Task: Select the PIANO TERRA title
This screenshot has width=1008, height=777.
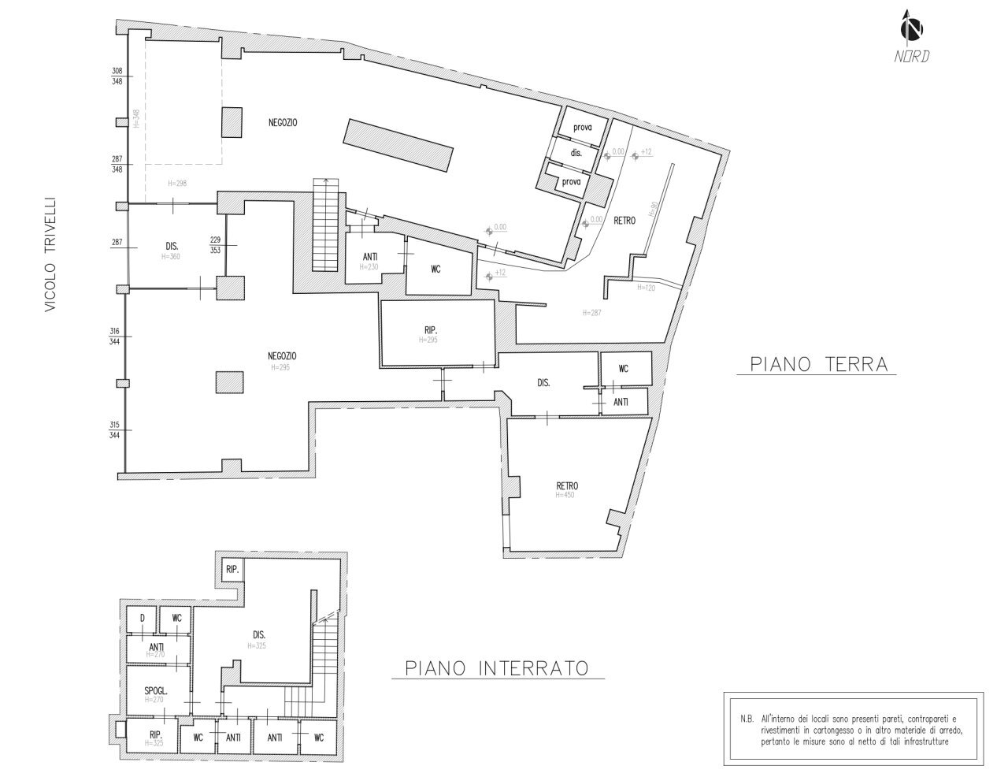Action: click(818, 364)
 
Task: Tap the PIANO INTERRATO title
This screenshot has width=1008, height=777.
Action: click(497, 668)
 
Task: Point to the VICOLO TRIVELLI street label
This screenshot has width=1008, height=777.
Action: click(50, 255)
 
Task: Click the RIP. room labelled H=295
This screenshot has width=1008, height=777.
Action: click(435, 334)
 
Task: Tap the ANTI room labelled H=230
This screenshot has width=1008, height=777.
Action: click(369, 259)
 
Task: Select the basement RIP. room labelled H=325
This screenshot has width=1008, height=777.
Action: click(155, 738)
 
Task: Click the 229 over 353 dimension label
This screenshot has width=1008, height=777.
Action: click(215, 245)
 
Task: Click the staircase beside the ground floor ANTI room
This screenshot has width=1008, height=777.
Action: click(325, 225)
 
